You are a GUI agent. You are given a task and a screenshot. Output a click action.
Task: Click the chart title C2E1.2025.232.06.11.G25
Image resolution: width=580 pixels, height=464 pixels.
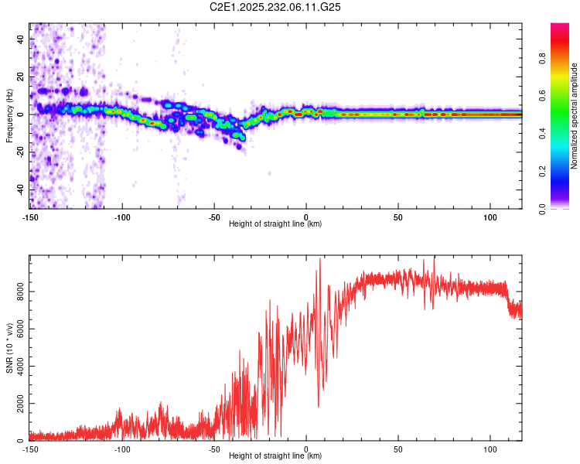[x=275, y=7]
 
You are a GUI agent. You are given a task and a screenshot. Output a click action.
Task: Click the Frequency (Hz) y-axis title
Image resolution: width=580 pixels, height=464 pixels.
[x=9, y=117]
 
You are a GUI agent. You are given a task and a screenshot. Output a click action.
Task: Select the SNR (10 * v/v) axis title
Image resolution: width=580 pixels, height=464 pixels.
[x=9, y=349]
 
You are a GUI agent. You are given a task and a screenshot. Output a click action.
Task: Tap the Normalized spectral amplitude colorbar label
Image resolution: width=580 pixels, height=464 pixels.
[x=574, y=117]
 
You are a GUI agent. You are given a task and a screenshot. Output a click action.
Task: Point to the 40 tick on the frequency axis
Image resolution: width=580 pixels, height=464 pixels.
[x=21, y=39]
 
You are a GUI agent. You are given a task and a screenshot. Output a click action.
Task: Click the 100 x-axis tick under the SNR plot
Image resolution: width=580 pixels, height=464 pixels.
[x=490, y=449]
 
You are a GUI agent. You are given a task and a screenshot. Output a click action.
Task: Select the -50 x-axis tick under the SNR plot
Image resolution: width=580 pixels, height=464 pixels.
[x=214, y=449]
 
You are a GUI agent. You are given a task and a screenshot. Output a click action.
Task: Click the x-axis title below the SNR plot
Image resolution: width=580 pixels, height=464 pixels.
[x=275, y=456]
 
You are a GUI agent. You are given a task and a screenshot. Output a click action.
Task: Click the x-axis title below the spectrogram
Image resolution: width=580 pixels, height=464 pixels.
[x=275, y=224]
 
